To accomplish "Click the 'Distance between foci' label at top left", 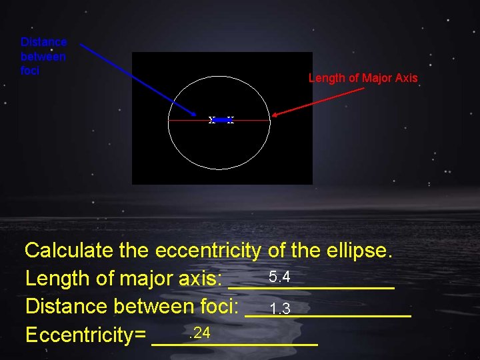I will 43,56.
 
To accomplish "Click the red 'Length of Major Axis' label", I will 363,78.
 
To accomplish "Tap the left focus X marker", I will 212,120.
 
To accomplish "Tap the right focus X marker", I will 230,120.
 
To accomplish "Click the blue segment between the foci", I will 221,120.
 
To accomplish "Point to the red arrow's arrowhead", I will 275,115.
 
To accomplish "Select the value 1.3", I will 280,309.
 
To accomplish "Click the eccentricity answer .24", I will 199,333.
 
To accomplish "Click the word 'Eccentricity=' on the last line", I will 85,335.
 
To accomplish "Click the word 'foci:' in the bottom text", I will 219,307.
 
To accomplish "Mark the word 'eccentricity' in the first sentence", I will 207,251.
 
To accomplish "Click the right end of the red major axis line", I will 269,120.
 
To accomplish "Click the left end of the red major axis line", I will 169,121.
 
